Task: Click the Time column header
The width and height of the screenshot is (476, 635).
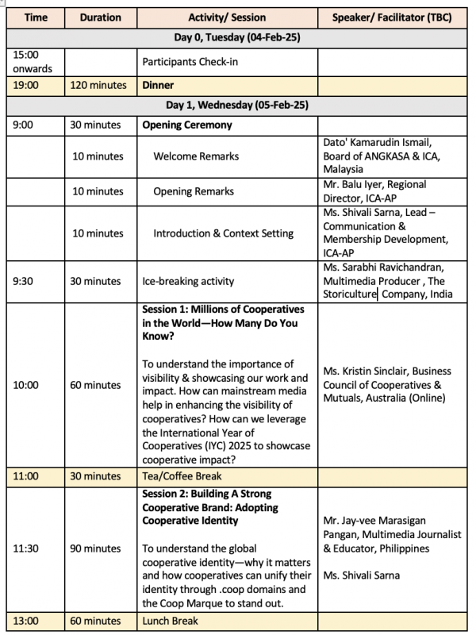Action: [35, 17]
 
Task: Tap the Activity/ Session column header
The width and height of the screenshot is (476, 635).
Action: [227, 17]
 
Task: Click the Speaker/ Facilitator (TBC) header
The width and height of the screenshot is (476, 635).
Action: [389, 17]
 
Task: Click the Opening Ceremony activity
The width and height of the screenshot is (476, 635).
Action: [187, 125]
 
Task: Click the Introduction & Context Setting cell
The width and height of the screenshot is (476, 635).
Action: [223, 233]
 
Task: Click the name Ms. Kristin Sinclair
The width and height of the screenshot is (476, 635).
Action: [366, 371]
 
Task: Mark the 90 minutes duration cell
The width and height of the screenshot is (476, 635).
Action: [96, 548]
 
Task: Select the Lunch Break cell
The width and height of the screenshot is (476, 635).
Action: [170, 620]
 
